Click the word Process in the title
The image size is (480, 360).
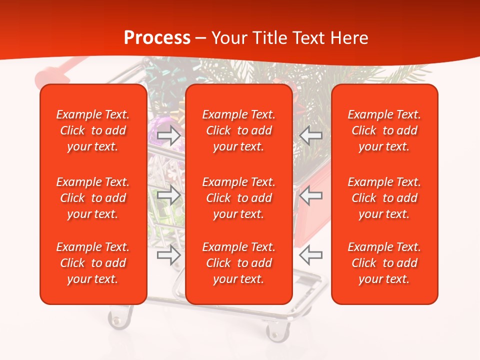click(x=157, y=38)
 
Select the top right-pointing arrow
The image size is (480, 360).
click(x=169, y=135)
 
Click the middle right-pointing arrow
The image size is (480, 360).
click(x=169, y=195)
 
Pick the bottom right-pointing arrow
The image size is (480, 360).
click(x=169, y=255)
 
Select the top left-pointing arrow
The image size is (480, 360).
click(x=311, y=135)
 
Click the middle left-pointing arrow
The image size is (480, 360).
click(x=311, y=195)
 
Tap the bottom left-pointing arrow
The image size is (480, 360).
click(x=311, y=255)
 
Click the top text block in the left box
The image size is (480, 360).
click(x=93, y=130)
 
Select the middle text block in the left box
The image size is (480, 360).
click(x=93, y=198)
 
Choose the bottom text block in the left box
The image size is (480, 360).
click(x=93, y=263)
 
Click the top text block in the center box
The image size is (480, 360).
click(x=239, y=130)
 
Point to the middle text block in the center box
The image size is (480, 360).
click(x=239, y=198)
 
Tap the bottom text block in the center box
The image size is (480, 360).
click(x=239, y=263)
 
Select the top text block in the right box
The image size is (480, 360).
click(x=384, y=130)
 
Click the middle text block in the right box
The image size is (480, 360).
click(x=384, y=198)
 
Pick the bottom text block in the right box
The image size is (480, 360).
click(x=384, y=263)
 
